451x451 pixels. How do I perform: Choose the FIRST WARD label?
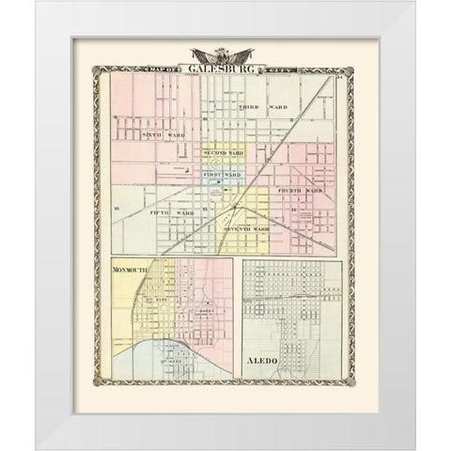223,175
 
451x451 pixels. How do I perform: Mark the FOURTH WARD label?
300,191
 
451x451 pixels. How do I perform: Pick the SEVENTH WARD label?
247,228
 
